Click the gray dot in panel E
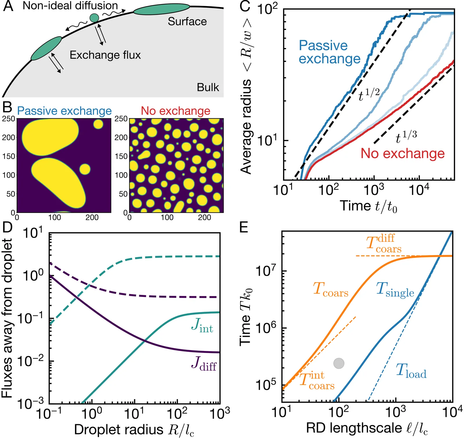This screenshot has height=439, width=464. click(339, 363)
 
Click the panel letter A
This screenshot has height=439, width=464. click(8, 6)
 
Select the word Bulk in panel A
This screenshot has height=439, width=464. click(208, 87)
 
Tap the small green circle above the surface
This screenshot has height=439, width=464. click(94, 18)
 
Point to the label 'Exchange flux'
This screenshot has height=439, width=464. click(105, 55)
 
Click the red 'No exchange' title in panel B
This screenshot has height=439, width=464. click(175, 111)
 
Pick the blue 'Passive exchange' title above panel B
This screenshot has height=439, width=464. click(64, 111)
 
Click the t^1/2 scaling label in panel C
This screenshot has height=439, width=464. click(369, 95)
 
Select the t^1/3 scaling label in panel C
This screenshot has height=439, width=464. click(406, 137)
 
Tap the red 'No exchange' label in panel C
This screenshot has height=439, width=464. click(403, 153)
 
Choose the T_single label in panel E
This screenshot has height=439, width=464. click(395, 290)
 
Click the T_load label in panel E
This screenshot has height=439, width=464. click(411, 372)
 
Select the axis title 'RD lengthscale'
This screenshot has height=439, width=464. click(367, 428)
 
